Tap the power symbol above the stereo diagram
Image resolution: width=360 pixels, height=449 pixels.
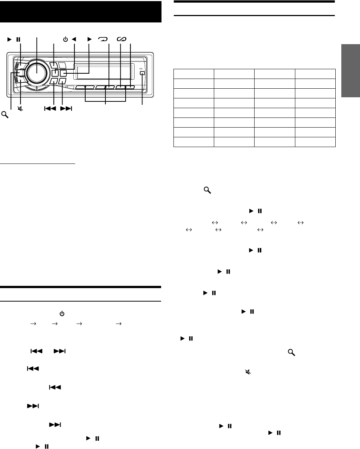coord(65,39)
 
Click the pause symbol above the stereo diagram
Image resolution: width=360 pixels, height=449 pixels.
coord(18,39)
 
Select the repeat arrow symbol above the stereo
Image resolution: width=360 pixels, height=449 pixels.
coord(102,39)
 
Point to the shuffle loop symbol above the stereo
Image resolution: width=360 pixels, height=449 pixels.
coord(122,39)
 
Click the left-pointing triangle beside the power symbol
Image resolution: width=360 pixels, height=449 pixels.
coord(74,39)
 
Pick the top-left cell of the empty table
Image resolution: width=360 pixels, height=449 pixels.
coord(194,73)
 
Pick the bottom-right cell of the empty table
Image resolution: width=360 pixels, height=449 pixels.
coord(315,142)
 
